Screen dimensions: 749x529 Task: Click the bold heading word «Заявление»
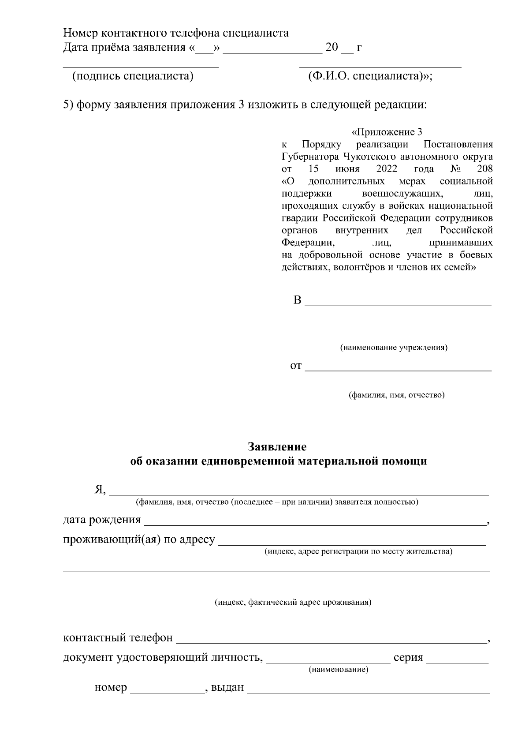pyautogui.click(x=277, y=446)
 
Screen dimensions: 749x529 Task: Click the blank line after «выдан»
pyautogui.click(x=368, y=691)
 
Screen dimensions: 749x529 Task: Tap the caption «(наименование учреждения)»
pyautogui.click(x=393, y=348)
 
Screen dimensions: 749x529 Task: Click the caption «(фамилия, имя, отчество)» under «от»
pyautogui.click(x=397, y=395)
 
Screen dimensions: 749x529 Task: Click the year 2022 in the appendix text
pyautogui.click(x=387, y=169)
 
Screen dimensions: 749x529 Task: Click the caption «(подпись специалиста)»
pyautogui.click(x=133, y=76)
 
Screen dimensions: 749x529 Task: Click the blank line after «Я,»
pyautogui.click(x=299, y=493)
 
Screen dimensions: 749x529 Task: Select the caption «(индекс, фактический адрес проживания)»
pyautogui.click(x=293, y=602)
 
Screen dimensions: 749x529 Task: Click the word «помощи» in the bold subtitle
pyautogui.click(x=408, y=461)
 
